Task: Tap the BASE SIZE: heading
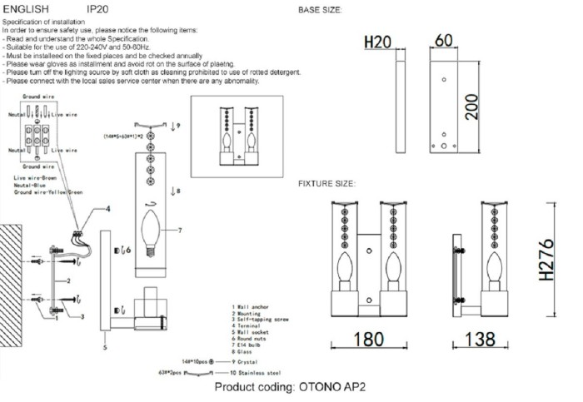[x=320, y=11]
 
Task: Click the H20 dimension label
[x=378, y=42]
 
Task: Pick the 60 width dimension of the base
[x=443, y=41]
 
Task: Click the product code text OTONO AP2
[x=291, y=389]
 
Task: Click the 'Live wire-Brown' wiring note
[x=32, y=178]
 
